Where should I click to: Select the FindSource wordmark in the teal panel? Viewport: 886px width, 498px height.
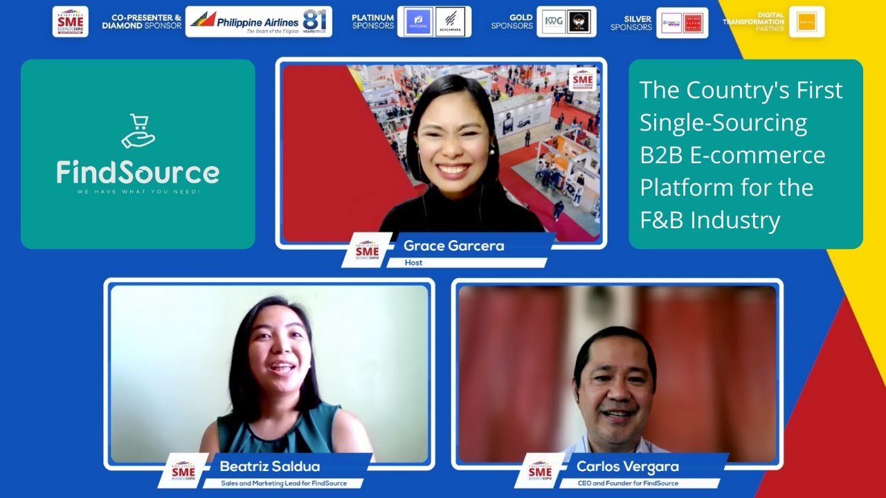pos(138,172)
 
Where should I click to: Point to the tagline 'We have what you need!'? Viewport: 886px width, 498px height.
pos(138,192)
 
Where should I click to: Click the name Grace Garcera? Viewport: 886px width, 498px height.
pos(453,246)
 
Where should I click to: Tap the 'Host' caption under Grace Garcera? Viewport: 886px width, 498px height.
pos(414,263)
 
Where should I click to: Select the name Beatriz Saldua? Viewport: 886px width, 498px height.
pos(270,466)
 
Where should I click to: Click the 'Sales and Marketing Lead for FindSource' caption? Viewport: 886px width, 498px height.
pos(284,483)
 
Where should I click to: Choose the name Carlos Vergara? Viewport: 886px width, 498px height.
pos(628,466)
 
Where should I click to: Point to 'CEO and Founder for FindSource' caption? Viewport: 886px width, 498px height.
pos(628,483)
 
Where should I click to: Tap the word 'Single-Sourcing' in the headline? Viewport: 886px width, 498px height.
pos(723,122)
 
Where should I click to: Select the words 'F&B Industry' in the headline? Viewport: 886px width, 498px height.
pos(709,220)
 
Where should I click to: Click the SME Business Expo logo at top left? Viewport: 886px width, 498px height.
pos(71,21)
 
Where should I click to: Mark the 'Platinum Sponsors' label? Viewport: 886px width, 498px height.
pos(372,22)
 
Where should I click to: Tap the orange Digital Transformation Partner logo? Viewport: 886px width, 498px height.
pos(806,22)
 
